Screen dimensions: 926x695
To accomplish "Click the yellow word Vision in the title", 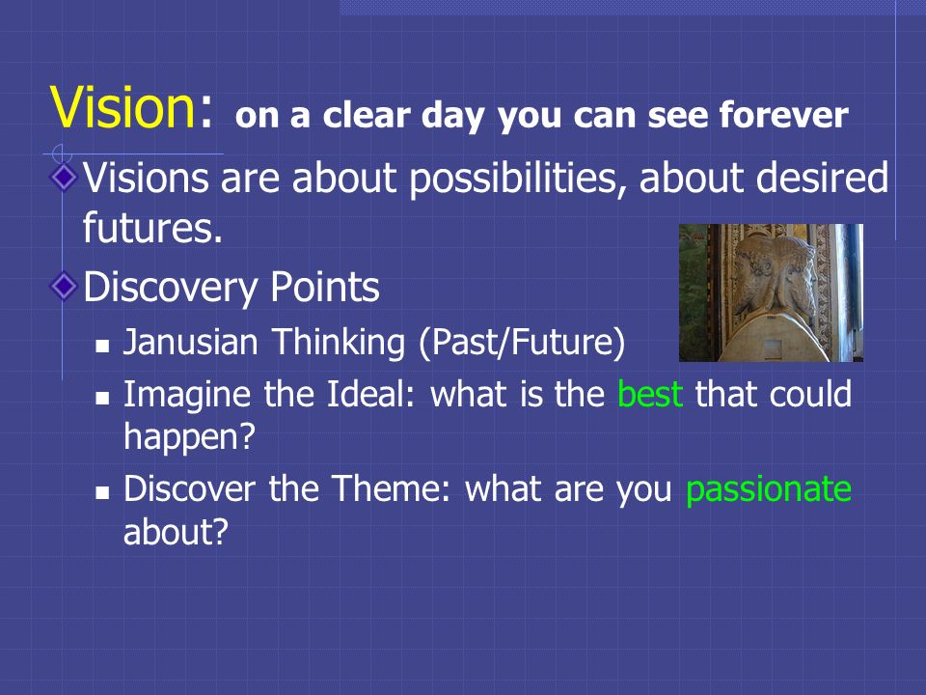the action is pyautogui.click(x=123, y=106).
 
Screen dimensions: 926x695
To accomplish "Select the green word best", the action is pyautogui.click(x=650, y=394).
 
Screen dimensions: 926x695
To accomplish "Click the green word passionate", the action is pyautogui.click(x=769, y=489).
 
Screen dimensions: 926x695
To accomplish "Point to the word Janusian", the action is pyautogui.click(x=190, y=342).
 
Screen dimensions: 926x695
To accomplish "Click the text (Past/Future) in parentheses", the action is pyautogui.click(x=522, y=343).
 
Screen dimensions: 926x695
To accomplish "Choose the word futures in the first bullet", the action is pyautogui.click(x=152, y=227).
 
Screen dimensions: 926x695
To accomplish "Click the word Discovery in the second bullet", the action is pyautogui.click(x=170, y=289).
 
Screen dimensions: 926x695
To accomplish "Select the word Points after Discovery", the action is pyautogui.click(x=325, y=288).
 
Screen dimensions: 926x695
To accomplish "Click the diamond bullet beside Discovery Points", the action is pyautogui.click(x=64, y=286).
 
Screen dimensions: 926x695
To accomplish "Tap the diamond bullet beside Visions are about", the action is pyautogui.click(x=64, y=177).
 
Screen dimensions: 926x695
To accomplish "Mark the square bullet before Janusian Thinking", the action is pyautogui.click(x=103, y=346).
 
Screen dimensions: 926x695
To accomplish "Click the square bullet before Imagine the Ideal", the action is pyautogui.click(x=103, y=397).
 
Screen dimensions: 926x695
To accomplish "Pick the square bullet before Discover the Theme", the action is pyautogui.click(x=103, y=492).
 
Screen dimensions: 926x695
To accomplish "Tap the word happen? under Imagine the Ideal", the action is pyautogui.click(x=190, y=437).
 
